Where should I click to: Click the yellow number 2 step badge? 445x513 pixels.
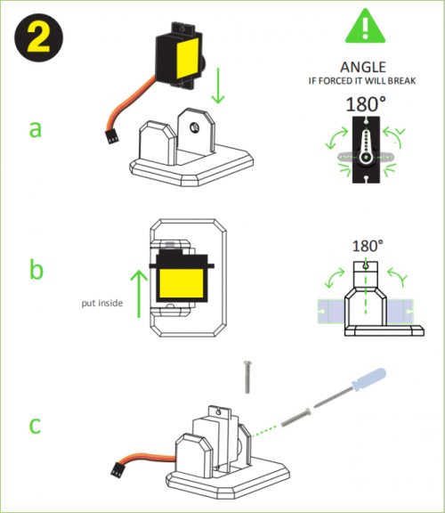pyautogui.click(x=38, y=37)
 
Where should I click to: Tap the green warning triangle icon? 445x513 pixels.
pyautogui.click(x=365, y=26)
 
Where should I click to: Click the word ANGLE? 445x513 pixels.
pyautogui.click(x=363, y=67)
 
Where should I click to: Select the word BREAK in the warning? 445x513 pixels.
pyautogui.click(x=402, y=80)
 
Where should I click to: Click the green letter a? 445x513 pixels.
pyautogui.click(x=36, y=129)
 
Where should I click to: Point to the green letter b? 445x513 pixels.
pyautogui.click(x=36, y=269)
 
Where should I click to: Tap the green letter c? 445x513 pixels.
pyautogui.click(x=36, y=425)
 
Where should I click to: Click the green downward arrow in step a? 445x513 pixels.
pyautogui.click(x=218, y=85)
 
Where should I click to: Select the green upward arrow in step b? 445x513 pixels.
pyautogui.click(x=139, y=294)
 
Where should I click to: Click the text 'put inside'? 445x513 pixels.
pyautogui.click(x=102, y=303)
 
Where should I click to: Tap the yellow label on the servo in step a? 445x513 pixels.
pyautogui.click(x=188, y=59)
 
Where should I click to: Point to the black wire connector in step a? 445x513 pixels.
pyautogui.click(x=111, y=137)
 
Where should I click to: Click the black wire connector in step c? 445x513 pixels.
pyautogui.click(x=118, y=469)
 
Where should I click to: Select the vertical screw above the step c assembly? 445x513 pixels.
pyautogui.click(x=247, y=377)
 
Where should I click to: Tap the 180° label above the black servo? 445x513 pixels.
pyautogui.click(x=366, y=104)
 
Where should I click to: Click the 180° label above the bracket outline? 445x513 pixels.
pyautogui.click(x=368, y=246)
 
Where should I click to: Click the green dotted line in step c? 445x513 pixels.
pyautogui.click(x=266, y=430)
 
